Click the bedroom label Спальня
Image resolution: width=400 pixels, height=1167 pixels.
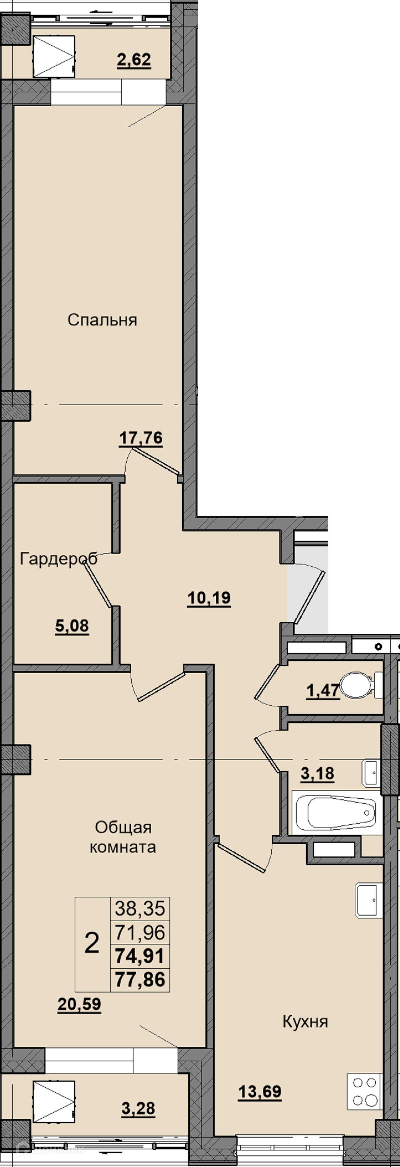(x=102, y=320)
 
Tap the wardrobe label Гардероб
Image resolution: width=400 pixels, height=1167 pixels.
(x=58, y=559)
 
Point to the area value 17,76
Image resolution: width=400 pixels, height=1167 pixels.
(x=141, y=438)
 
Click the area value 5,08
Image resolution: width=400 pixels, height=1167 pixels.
(x=72, y=627)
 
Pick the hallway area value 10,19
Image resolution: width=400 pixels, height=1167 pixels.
(x=209, y=598)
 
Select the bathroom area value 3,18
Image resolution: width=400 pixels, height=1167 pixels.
(x=318, y=774)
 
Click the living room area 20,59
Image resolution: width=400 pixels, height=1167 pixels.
(x=79, y=1004)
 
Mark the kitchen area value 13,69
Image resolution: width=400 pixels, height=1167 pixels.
(x=260, y=1092)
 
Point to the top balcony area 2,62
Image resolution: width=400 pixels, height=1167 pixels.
(x=134, y=60)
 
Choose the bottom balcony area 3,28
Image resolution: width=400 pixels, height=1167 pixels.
(x=138, y=1109)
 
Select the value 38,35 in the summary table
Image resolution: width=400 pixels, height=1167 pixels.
(x=140, y=908)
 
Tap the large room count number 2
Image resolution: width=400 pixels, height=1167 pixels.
(x=92, y=944)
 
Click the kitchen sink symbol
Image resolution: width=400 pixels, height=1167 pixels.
(x=369, y=901)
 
